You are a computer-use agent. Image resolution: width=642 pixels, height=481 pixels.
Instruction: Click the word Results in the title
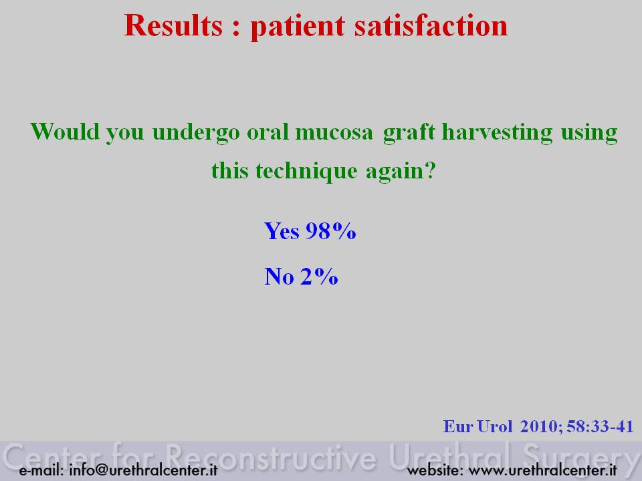(x=174, y=25)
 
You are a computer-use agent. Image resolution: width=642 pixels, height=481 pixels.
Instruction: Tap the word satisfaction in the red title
(x=431, y=25)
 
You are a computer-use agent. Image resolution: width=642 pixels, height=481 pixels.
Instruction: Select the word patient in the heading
(x=298, y=27)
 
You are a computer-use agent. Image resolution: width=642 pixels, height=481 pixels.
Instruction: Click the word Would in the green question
(x=65, y=132)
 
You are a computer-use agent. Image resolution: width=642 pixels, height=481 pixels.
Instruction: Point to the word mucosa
(x=334, y=132)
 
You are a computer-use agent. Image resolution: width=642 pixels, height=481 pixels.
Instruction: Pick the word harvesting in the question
(x=497, y=133)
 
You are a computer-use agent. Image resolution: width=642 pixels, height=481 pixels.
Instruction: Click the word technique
(x=306, y=170)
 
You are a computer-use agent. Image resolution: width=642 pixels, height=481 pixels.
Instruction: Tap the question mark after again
(x=429, y=170)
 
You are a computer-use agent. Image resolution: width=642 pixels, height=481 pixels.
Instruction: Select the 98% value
(x=331, y=230)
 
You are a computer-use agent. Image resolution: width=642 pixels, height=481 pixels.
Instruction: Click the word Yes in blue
(x=282, y=230)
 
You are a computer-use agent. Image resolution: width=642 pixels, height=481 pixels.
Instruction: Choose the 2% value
(x=319, y=276)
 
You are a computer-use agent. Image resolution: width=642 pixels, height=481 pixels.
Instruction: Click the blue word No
(x=280, y=276)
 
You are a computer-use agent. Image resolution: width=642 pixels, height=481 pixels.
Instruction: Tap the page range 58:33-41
(x=601, y=427)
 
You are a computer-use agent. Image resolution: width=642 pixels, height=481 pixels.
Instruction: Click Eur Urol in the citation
(x=477, y=427)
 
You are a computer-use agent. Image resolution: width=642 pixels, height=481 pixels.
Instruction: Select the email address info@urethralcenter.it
(x=143, y=470)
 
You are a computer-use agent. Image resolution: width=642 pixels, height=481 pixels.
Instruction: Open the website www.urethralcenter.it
(x=542, y=470)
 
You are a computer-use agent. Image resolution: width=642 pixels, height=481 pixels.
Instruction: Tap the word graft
(x=409, y=133)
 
